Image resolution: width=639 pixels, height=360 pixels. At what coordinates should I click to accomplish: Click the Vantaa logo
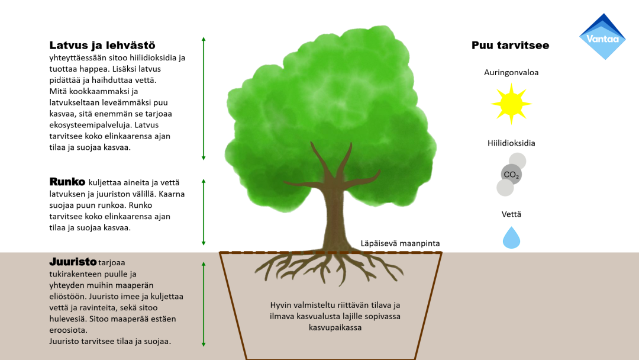[602, 37]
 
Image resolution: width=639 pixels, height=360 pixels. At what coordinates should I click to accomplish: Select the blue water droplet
[511, 237]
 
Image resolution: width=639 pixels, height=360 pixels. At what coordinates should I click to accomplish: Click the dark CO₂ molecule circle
[511, 175]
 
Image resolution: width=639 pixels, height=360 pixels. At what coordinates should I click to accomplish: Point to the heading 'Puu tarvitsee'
[510, 46]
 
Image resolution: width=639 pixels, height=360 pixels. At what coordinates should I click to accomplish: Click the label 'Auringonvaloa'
[511, 73]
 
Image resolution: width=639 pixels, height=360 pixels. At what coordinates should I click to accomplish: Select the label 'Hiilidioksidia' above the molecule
[511, 143]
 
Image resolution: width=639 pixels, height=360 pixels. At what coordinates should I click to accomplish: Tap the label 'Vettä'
[511, 214]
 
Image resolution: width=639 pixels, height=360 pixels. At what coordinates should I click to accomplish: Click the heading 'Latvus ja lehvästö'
[102, 45]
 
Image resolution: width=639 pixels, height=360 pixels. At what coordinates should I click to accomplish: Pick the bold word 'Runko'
[67, 182]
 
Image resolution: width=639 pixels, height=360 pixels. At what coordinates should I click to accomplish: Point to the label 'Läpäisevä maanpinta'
[401, 243]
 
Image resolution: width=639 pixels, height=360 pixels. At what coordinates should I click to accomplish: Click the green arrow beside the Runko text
[204, 212]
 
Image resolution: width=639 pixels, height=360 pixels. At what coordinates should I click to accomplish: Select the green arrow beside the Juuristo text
[204, 303]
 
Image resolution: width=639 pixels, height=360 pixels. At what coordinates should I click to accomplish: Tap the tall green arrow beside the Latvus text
[204, 98]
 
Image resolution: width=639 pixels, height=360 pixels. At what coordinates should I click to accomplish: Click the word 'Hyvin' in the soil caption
[282, 306]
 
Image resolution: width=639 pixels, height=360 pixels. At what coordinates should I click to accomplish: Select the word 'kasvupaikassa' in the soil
[335, 327]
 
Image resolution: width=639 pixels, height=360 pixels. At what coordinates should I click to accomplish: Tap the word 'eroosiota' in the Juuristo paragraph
[68, 330]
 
